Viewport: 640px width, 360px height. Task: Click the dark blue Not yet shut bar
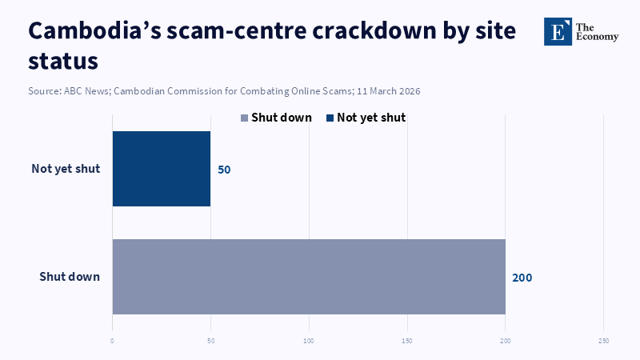click(161, 169)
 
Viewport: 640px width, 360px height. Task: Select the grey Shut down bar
click(309, 276)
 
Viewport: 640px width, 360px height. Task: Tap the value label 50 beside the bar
click(224, 170)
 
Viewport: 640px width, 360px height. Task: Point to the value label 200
click(522, 278)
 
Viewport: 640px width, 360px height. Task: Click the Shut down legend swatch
click(245, 118)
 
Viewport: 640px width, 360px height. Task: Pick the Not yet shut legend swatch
click(330, 118)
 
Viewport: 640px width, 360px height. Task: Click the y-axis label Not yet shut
click(66, 169)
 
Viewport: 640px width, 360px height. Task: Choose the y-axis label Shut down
click(70, 277)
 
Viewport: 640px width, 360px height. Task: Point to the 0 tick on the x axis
click(112, 341)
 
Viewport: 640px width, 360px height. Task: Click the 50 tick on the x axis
click(210, 341)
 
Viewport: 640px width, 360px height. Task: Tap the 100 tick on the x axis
click(309, 341)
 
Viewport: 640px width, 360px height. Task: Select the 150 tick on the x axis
click(407, 341)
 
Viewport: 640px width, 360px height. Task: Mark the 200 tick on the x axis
click(506, 341)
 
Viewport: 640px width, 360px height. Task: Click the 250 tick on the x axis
click(603, 341)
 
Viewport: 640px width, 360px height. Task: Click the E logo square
click(558, 31)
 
